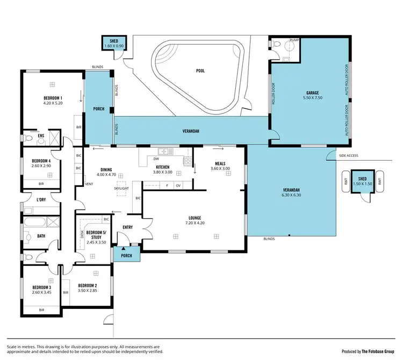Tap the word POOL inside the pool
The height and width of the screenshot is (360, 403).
point(200,70)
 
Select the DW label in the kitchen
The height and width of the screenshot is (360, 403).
point(156,159)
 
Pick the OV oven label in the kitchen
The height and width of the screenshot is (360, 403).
point(178,185)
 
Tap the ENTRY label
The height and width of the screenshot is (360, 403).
point(127,227)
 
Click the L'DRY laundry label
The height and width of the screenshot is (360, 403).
point(41,200)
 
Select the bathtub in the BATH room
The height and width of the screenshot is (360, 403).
point(34,221)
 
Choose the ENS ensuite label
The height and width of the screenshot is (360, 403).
point(41,136)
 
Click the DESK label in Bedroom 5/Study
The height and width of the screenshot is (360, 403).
point(82,235)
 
